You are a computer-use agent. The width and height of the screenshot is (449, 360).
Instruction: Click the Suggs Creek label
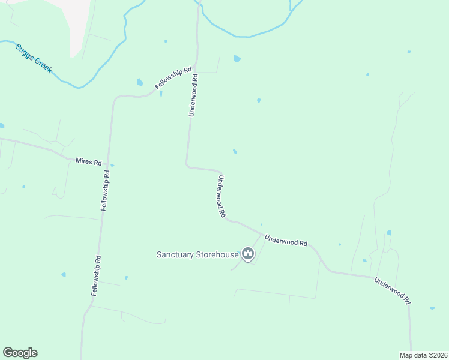[34, 58]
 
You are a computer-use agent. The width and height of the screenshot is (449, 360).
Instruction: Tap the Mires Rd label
[89, 161]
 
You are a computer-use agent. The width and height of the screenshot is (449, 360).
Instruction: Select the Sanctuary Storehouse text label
[197, 254]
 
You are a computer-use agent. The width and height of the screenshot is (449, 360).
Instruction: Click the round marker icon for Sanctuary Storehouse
[247, 254]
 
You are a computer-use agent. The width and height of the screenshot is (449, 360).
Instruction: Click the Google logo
[20, 353]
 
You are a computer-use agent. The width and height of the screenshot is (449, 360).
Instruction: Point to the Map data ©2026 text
[423, 355]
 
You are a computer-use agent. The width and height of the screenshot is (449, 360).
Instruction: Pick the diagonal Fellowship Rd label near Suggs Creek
[169, 78]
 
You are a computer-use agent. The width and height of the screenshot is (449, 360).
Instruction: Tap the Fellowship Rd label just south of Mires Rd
[105, 190]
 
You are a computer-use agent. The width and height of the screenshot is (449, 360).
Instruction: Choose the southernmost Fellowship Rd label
[95, 275]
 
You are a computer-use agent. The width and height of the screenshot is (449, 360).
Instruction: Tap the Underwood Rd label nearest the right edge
[391, 290]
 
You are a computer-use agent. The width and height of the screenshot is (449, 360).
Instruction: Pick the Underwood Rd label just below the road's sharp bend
[221, 196]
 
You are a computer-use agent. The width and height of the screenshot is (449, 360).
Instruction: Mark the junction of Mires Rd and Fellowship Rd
[107, 164]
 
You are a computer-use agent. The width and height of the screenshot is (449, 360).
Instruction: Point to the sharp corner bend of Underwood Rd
[188, 166]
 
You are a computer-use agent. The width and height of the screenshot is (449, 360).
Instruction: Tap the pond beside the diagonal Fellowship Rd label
[140, 82]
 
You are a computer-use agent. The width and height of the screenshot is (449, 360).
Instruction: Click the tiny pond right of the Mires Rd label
[113, 165]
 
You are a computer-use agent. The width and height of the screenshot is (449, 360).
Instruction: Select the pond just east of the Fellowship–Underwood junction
[237, 59]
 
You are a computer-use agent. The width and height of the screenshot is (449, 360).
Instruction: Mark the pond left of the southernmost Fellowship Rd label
[64, 275]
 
